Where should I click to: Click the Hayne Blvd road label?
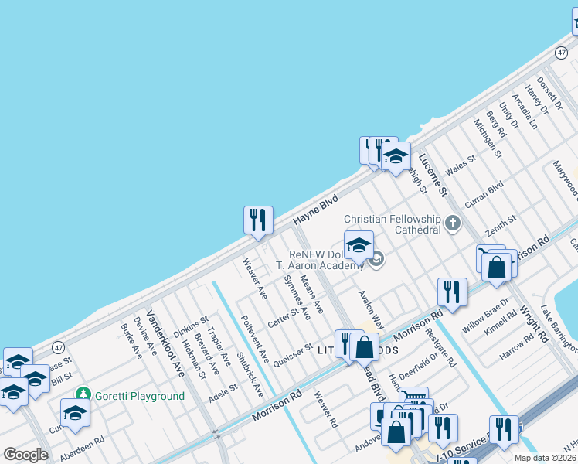pos(316,210)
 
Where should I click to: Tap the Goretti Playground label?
pos(140,397)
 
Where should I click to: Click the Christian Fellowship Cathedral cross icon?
pos(453,224)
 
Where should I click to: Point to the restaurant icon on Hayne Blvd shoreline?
pos(258,219)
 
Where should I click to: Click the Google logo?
pos(25,455)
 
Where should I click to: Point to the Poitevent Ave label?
pos(254,339)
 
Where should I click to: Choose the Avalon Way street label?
pos(372,309)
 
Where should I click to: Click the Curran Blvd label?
pos(484,194)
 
